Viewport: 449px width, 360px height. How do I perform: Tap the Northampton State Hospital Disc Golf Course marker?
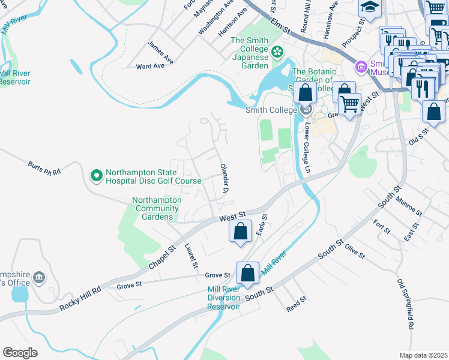(95, 176)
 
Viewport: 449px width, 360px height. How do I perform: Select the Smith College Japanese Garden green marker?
(277, 53)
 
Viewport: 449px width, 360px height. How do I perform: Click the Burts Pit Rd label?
(44, 167)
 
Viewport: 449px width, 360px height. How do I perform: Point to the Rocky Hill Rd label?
(80, 298)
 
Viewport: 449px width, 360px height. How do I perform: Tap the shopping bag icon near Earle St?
(240, 231)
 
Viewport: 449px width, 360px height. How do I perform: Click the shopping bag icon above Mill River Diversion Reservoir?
(247, 274)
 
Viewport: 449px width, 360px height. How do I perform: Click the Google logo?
(20, 352)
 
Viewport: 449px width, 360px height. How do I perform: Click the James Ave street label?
(160, 52)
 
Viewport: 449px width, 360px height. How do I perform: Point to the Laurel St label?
(191, 255)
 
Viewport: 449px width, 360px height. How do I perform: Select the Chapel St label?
(161, 256)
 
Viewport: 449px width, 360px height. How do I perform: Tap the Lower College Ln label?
(308, 141)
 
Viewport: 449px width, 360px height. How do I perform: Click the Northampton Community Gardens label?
(157, 208)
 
